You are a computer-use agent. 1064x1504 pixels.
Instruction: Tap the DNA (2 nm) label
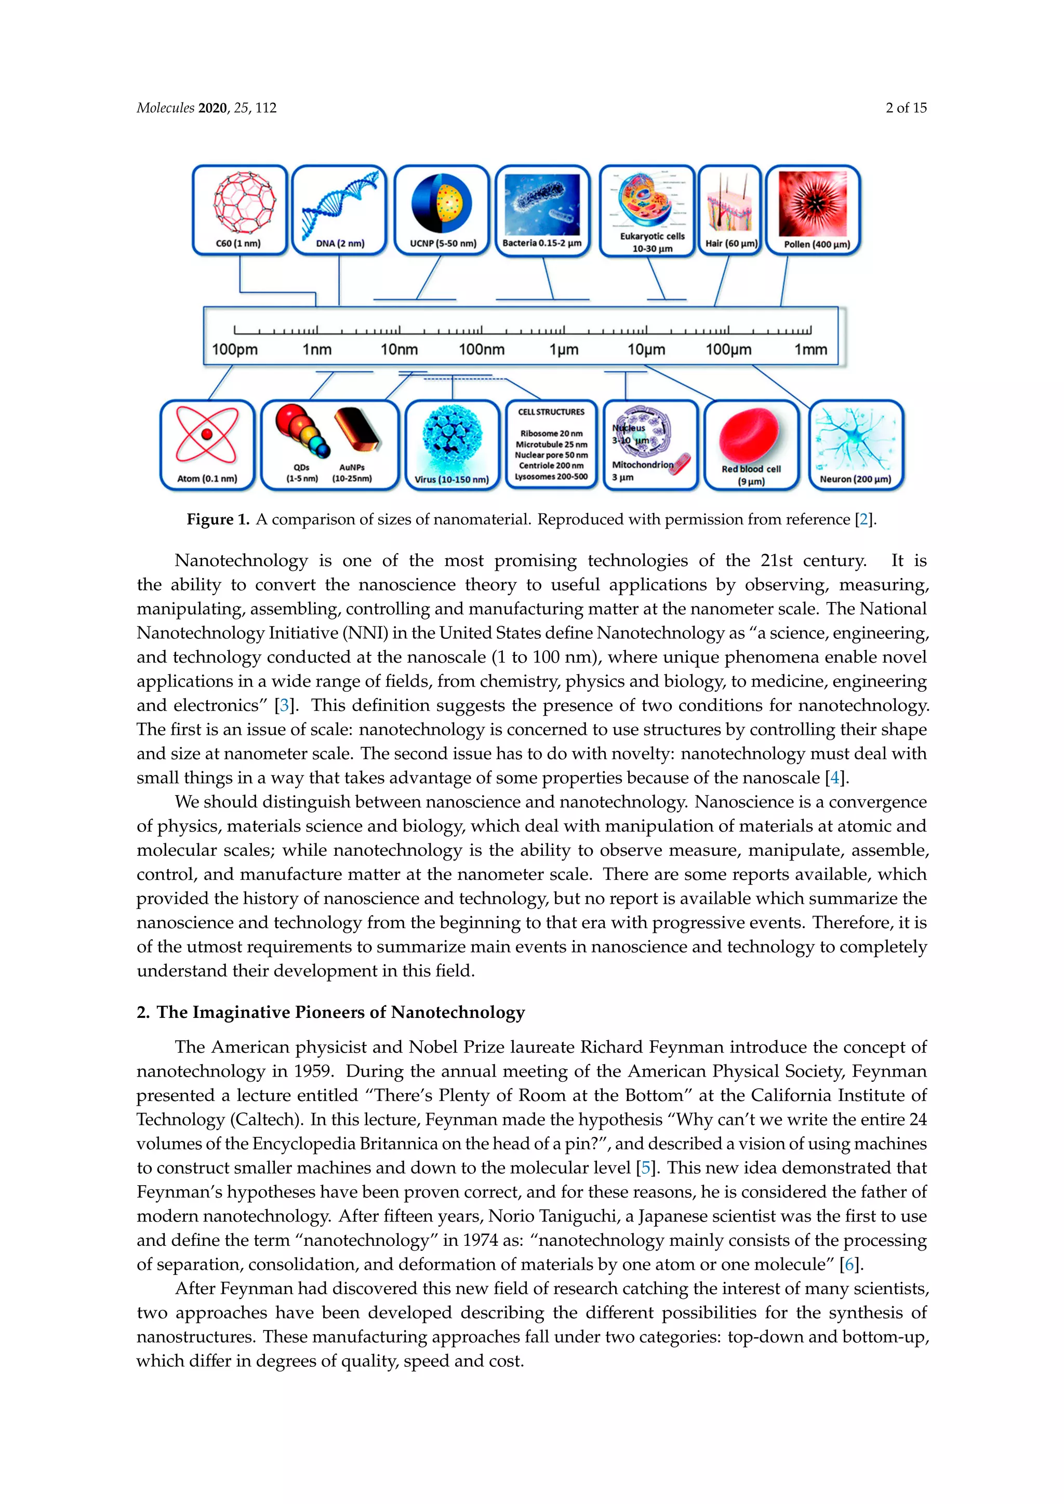tap(340, 244)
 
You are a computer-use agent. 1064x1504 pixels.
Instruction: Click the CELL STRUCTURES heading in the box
tap(551, 412)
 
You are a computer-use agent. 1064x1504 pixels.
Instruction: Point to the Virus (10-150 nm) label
tap(451, 479)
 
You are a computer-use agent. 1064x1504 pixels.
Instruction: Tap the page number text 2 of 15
tap(906, 108)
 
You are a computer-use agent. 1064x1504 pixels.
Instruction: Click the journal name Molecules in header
tap(165, 108)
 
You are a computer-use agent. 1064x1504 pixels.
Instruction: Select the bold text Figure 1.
tap(218, 519)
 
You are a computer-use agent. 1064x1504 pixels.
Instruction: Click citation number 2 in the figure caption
tap(863, 519)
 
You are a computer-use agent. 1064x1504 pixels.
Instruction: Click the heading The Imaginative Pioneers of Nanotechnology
tap(340, 1012)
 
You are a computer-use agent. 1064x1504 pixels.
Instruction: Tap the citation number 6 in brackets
tap(850, 1264)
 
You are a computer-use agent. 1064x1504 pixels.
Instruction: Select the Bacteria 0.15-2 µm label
tap(542, 243)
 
